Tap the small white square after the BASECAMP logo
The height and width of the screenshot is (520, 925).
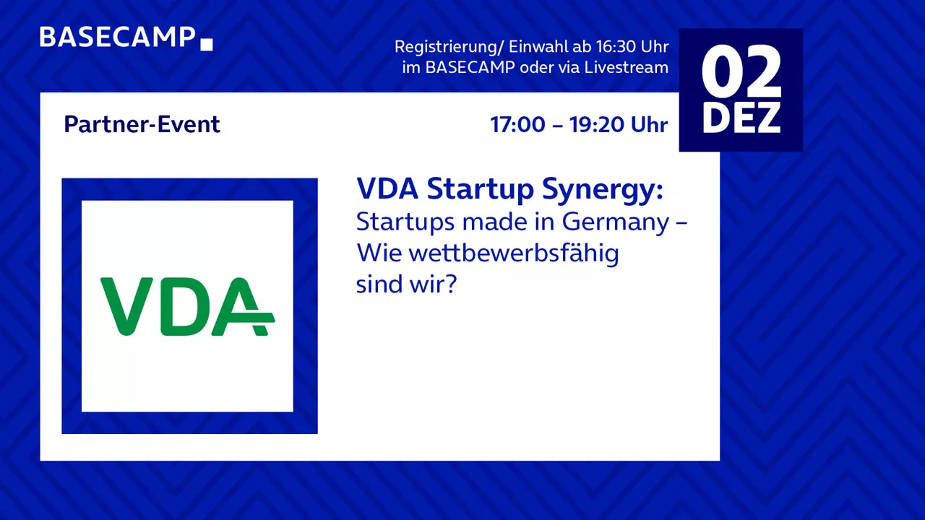(x=207, y=45)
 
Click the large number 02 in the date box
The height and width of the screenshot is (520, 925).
(x=741, y=71)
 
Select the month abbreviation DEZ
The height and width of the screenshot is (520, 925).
(x=741, y=118)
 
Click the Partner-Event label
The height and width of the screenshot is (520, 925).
(x=142, y=124)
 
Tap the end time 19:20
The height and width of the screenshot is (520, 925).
(x=597, y=125)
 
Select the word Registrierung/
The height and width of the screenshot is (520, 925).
(x=449, y=48)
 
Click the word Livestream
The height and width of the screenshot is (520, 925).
(x=626, y=67)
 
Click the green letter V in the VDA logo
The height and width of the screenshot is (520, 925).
(x=126, y=306)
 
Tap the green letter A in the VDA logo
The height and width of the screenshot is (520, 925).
(x=243, y=306)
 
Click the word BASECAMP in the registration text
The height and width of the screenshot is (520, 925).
(x=470, y=67)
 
